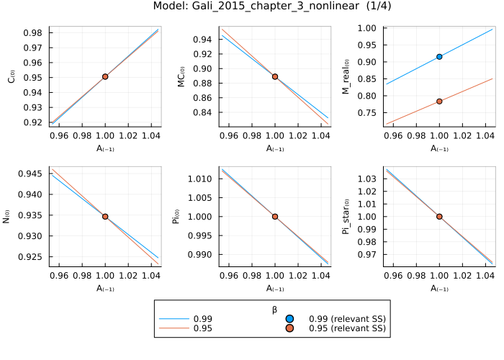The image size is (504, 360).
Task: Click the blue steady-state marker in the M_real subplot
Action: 439,56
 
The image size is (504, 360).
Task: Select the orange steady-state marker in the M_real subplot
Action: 439,102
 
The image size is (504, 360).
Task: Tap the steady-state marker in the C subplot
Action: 106,76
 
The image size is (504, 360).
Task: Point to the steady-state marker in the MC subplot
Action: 275,76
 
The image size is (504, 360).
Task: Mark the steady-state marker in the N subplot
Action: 106,216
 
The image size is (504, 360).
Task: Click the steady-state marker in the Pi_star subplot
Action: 439,216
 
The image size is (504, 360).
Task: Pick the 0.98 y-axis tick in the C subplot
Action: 35,32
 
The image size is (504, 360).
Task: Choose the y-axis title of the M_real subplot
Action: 346,76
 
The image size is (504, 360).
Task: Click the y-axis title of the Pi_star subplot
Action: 346,216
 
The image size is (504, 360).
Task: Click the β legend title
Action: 274,309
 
